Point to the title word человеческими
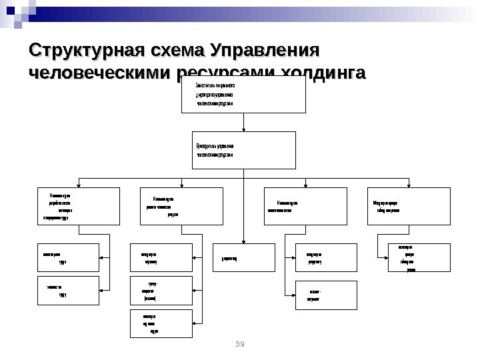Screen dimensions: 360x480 coord(99,71)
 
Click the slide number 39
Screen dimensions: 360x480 coord(241,343)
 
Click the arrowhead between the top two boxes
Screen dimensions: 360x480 coord(244,129)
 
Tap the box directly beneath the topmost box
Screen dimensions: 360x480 coord(243,149)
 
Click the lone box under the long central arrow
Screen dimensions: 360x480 coord(244,257)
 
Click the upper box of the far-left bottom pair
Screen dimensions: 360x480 coord(66,257)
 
